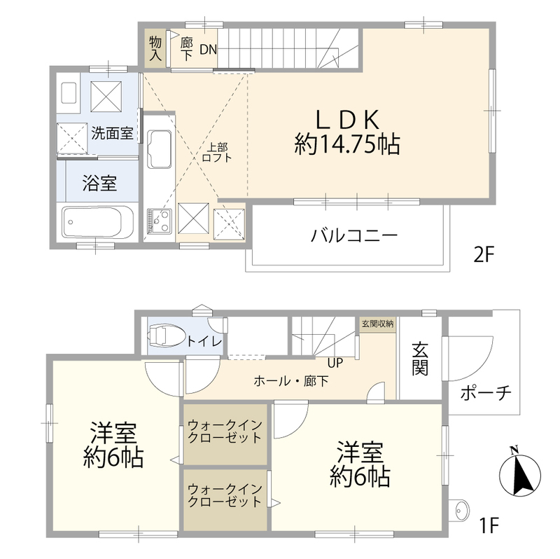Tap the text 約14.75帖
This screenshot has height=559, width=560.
pos(347,145)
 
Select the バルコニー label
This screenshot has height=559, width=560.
pos(354,235)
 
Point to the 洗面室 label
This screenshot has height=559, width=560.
pos(112,133)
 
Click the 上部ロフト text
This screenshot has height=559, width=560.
pos(216,153)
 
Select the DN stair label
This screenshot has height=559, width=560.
pos(209,49)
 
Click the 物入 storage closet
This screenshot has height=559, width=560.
pos(155,48)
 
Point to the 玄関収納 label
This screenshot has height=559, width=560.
pos(377,324)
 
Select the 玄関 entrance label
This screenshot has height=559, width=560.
pos(419,357)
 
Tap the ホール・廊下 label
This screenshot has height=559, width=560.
pos(290,382)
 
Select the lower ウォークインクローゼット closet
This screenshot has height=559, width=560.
pos(225,496)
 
